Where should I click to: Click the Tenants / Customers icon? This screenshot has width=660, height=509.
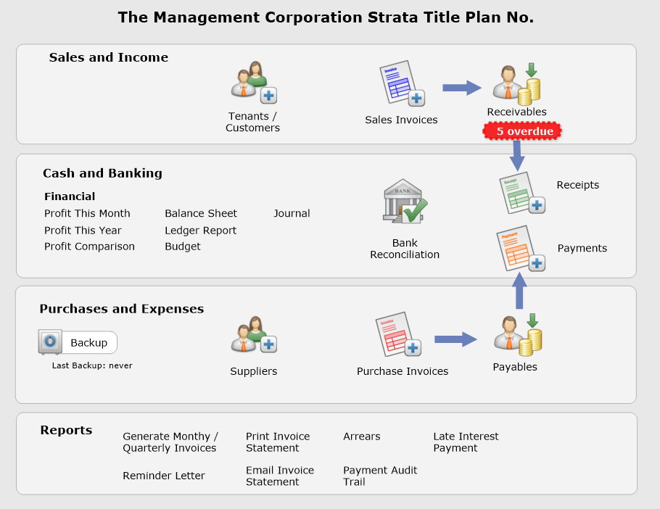[254, 83]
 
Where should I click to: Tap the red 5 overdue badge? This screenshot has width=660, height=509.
[521, 131]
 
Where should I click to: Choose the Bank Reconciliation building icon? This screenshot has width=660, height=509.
[405, 201]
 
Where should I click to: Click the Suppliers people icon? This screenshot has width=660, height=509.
[254, 335]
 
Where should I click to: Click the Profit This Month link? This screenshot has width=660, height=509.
[87, 214]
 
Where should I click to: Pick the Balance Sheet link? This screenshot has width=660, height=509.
[201, 214]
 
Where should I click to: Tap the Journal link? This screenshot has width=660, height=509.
[292, 214]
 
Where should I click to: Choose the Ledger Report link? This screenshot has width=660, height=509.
[200, 231]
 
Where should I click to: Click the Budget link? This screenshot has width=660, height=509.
[183, 247]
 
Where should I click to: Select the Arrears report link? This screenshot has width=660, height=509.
[361, 436]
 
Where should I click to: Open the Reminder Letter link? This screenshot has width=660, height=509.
[164, 476]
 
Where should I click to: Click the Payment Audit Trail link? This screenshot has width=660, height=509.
[380, 476]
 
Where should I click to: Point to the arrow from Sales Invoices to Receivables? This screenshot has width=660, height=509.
[462, 88]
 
